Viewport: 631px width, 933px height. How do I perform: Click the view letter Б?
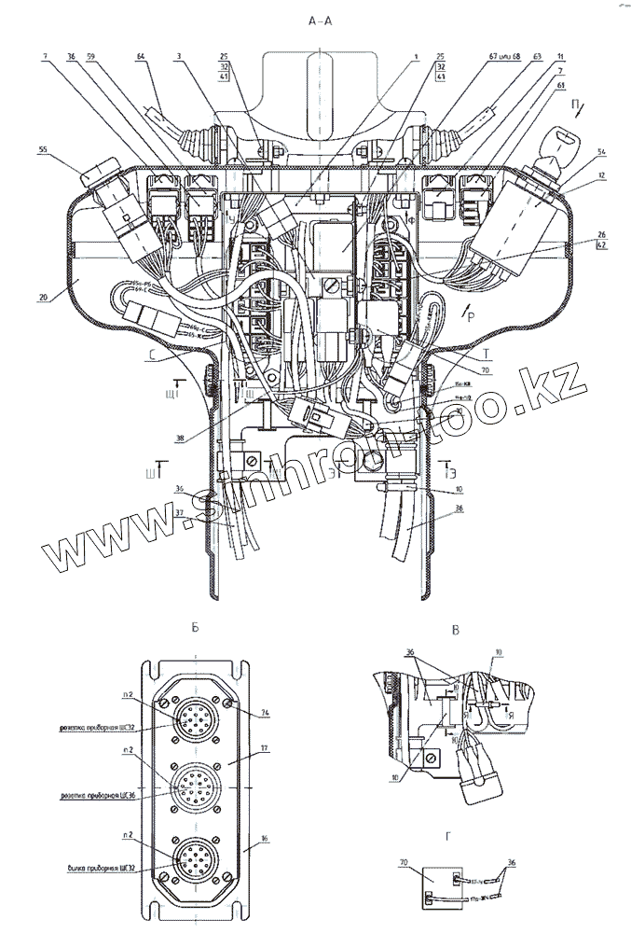pyautogui.click(x=196, y=629)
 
